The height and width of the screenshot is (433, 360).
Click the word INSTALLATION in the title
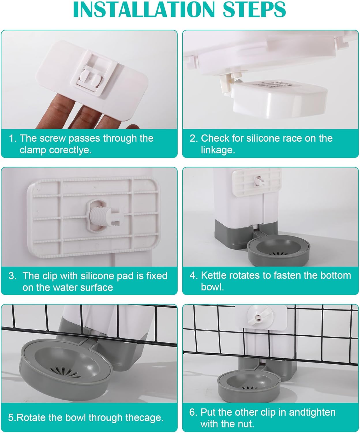tap(144, 10)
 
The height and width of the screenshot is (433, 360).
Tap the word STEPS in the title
tap(254, 10)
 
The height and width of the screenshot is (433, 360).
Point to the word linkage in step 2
tap(218, 150)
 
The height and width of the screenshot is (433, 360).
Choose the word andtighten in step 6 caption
tap(312, 412)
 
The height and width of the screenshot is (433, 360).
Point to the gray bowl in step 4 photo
tap(278, 250)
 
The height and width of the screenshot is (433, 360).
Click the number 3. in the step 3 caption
tap(12, 276)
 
